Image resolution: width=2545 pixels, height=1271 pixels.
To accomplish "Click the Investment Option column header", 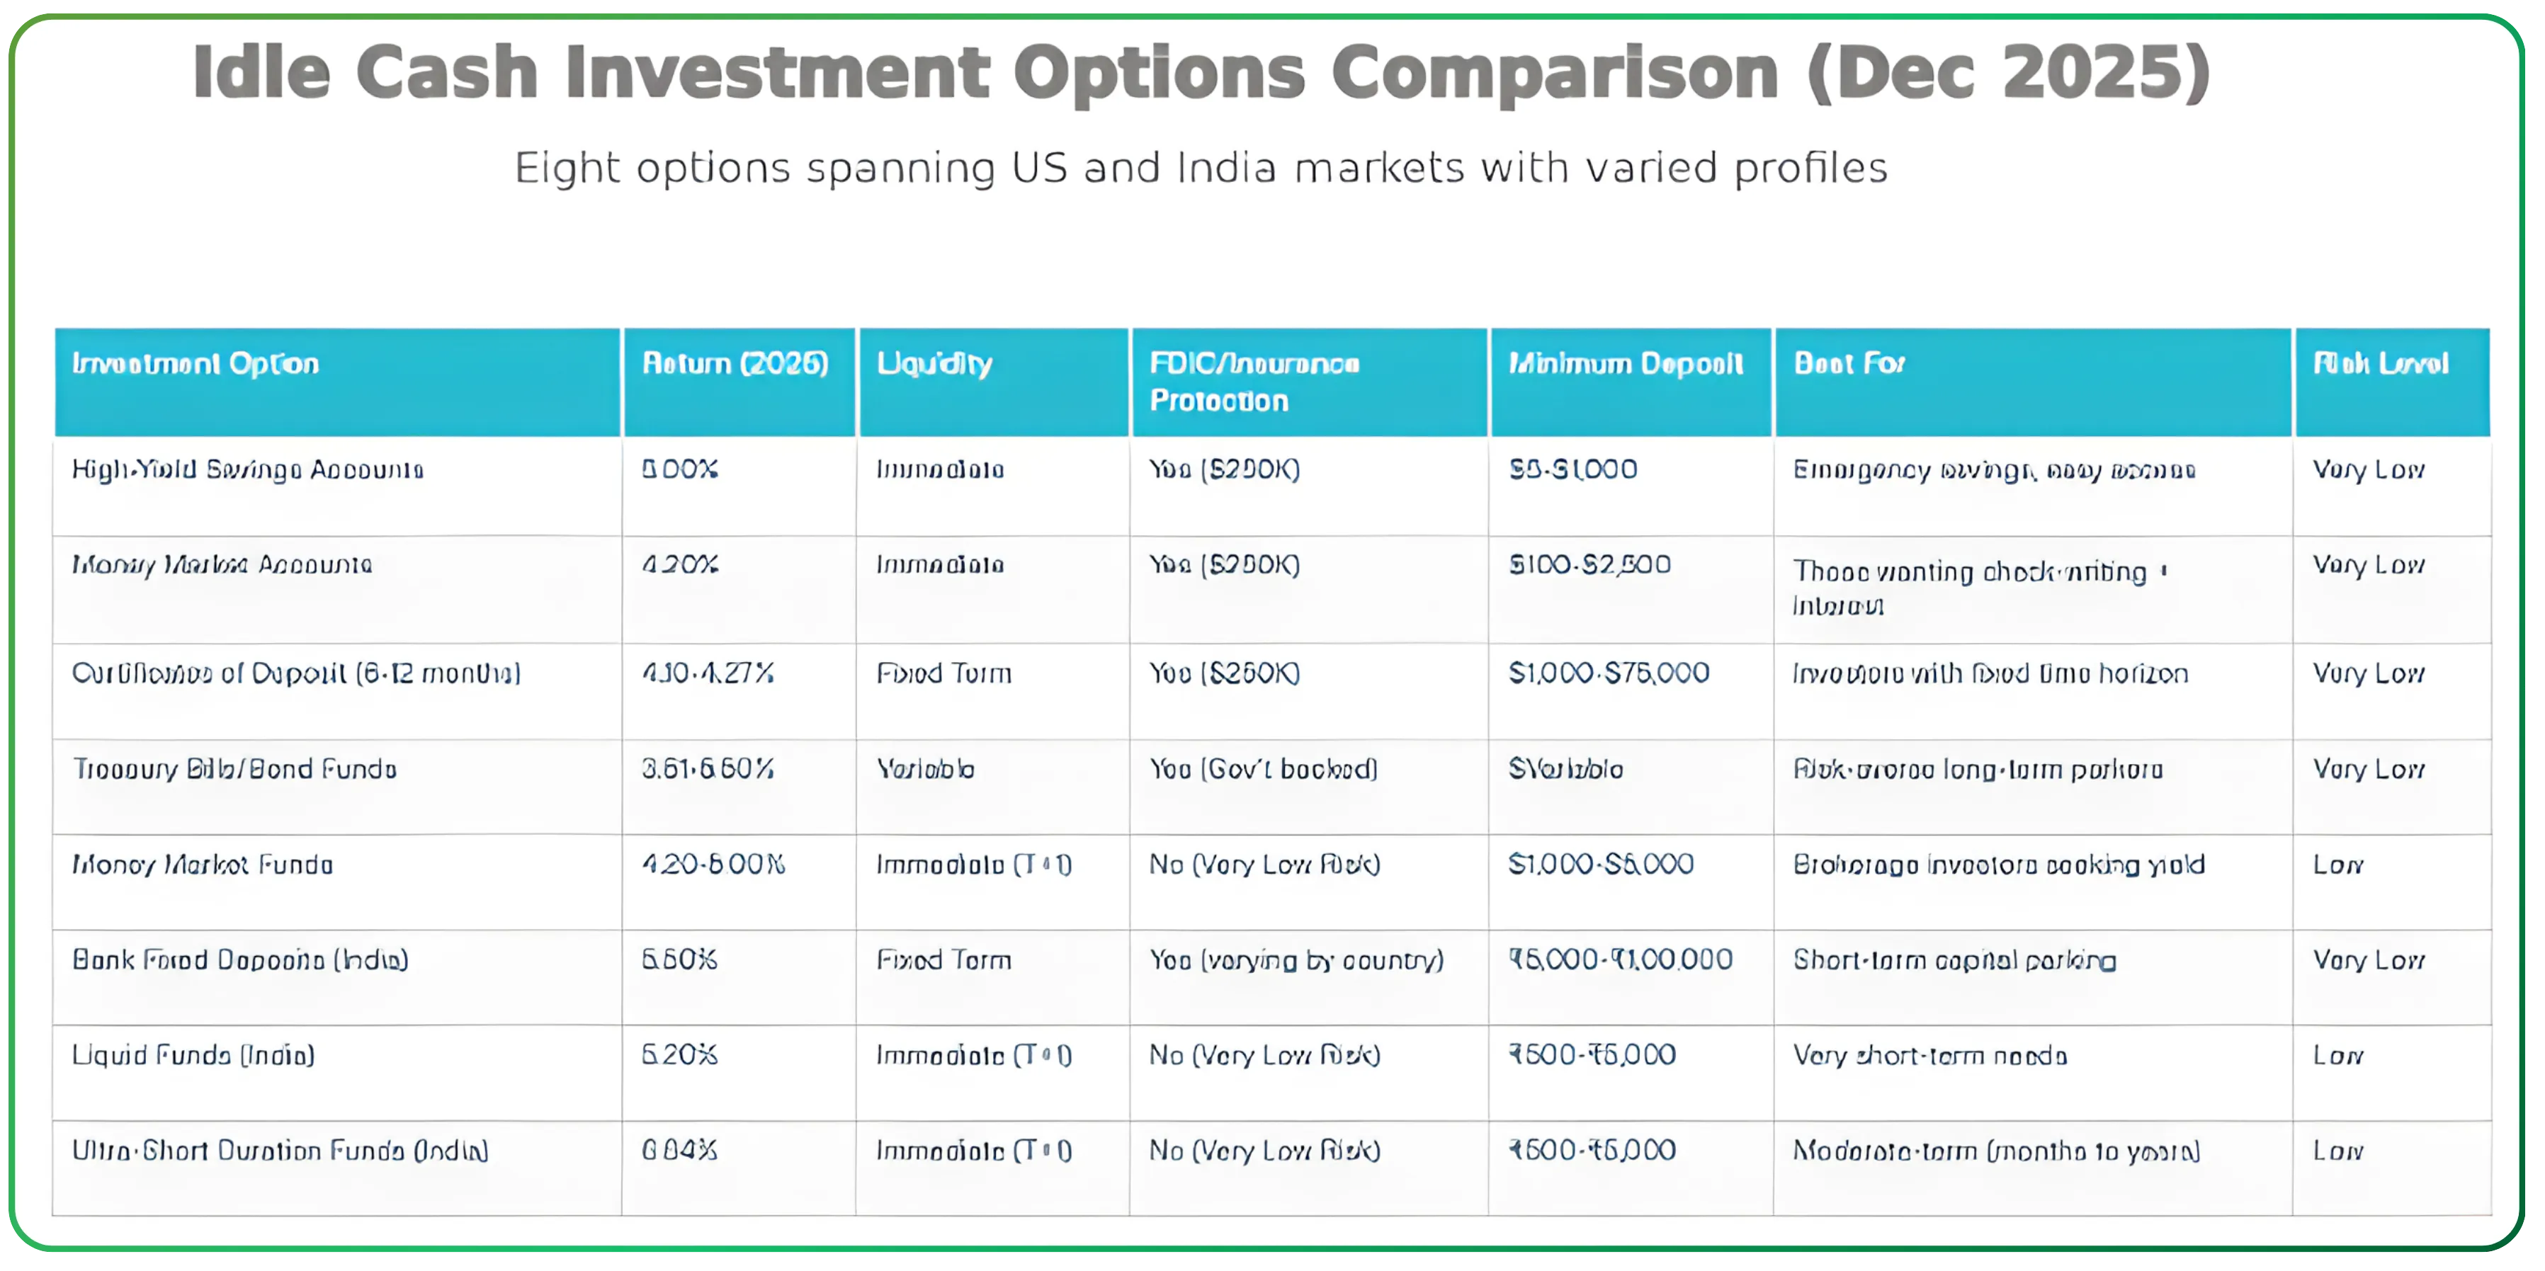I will [x=195, y=365].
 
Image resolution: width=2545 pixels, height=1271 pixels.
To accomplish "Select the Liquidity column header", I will [x=934, y=365].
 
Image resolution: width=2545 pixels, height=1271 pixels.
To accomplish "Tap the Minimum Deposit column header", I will [x=1625, y=365].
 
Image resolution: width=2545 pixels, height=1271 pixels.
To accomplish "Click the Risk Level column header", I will [x=2380, y=365].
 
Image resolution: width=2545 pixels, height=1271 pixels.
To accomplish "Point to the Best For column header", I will [x=1849, y=365].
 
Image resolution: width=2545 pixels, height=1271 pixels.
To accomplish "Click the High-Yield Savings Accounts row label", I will [x=247, y=470].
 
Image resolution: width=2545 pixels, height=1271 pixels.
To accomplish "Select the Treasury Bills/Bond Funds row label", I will [x=234, y=769].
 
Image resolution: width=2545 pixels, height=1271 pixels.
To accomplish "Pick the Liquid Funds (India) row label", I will [x=193, y=1056].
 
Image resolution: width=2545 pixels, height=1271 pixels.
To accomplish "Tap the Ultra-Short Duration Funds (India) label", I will [x=280, y=1151].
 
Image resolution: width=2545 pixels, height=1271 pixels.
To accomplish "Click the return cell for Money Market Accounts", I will [x=680, y=566].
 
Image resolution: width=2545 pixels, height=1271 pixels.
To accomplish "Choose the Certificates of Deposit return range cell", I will [x=708, y=673].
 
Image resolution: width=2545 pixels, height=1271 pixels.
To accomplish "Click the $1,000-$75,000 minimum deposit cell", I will [x=1609, y=673].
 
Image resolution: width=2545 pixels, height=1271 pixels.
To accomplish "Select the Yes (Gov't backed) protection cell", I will [x=1263, y=769].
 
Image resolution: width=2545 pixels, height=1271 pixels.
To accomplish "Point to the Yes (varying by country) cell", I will [x=1296, y=960].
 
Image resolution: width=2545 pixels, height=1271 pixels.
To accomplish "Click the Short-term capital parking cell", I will [x=1954, y=961].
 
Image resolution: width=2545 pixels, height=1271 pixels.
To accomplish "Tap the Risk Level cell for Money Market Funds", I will [x=2337, y=865].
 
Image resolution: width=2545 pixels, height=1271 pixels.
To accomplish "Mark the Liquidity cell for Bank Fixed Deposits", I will [x=943, y=960].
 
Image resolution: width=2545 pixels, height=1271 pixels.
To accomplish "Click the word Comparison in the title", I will [x=1554, y=73].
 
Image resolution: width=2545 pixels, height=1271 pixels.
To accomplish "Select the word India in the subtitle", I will [x=1226, y=168].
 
